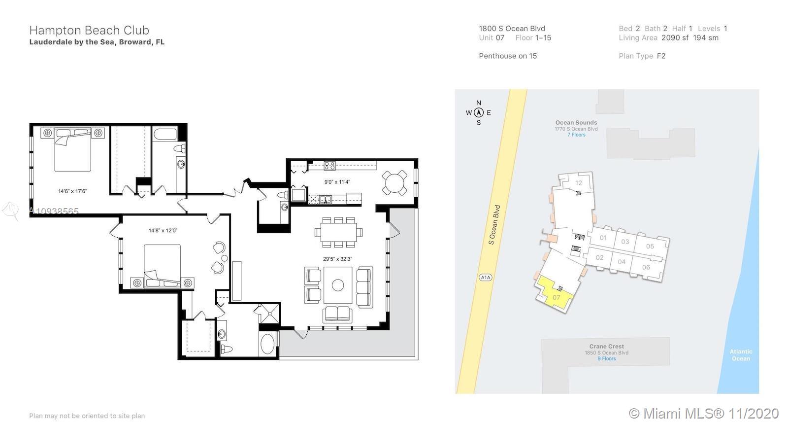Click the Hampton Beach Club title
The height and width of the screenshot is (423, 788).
click(x=89, y=30)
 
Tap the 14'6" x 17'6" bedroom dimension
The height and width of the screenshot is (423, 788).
click(x=72, y=191)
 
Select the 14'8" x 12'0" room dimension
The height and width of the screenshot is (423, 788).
click(x=163, y=231)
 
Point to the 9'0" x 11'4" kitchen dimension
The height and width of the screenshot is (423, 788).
click(x=337, y=182)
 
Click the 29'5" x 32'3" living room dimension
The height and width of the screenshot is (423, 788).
click(x=337, y=259)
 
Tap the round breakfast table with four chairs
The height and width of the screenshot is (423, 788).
click(x=394, y=183)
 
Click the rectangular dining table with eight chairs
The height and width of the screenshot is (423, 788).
click(x=338, y=233)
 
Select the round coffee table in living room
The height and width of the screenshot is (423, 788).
click(x=338, y=285)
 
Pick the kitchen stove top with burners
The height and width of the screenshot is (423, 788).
click(x=329, y=165)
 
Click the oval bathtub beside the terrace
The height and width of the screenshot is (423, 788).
click(x=268, y=344)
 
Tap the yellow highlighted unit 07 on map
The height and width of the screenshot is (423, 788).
click(x=555, y=294)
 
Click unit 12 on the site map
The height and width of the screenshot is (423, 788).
click(x=579, y=183)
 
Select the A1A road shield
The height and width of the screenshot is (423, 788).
click(x=486, y=278)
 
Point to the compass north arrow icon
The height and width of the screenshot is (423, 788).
click(x=478, y=113)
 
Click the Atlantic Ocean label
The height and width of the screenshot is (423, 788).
click(x=741, y=355)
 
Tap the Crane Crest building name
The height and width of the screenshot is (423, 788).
click(x=606, y=346)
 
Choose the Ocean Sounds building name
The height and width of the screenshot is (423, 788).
click(x=576, y=123)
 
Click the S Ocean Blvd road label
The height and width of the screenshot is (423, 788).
click(x=494, y=225)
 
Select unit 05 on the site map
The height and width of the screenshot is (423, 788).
click(x=650, y=246)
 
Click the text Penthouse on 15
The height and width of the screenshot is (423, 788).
click(x=508, y=56)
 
